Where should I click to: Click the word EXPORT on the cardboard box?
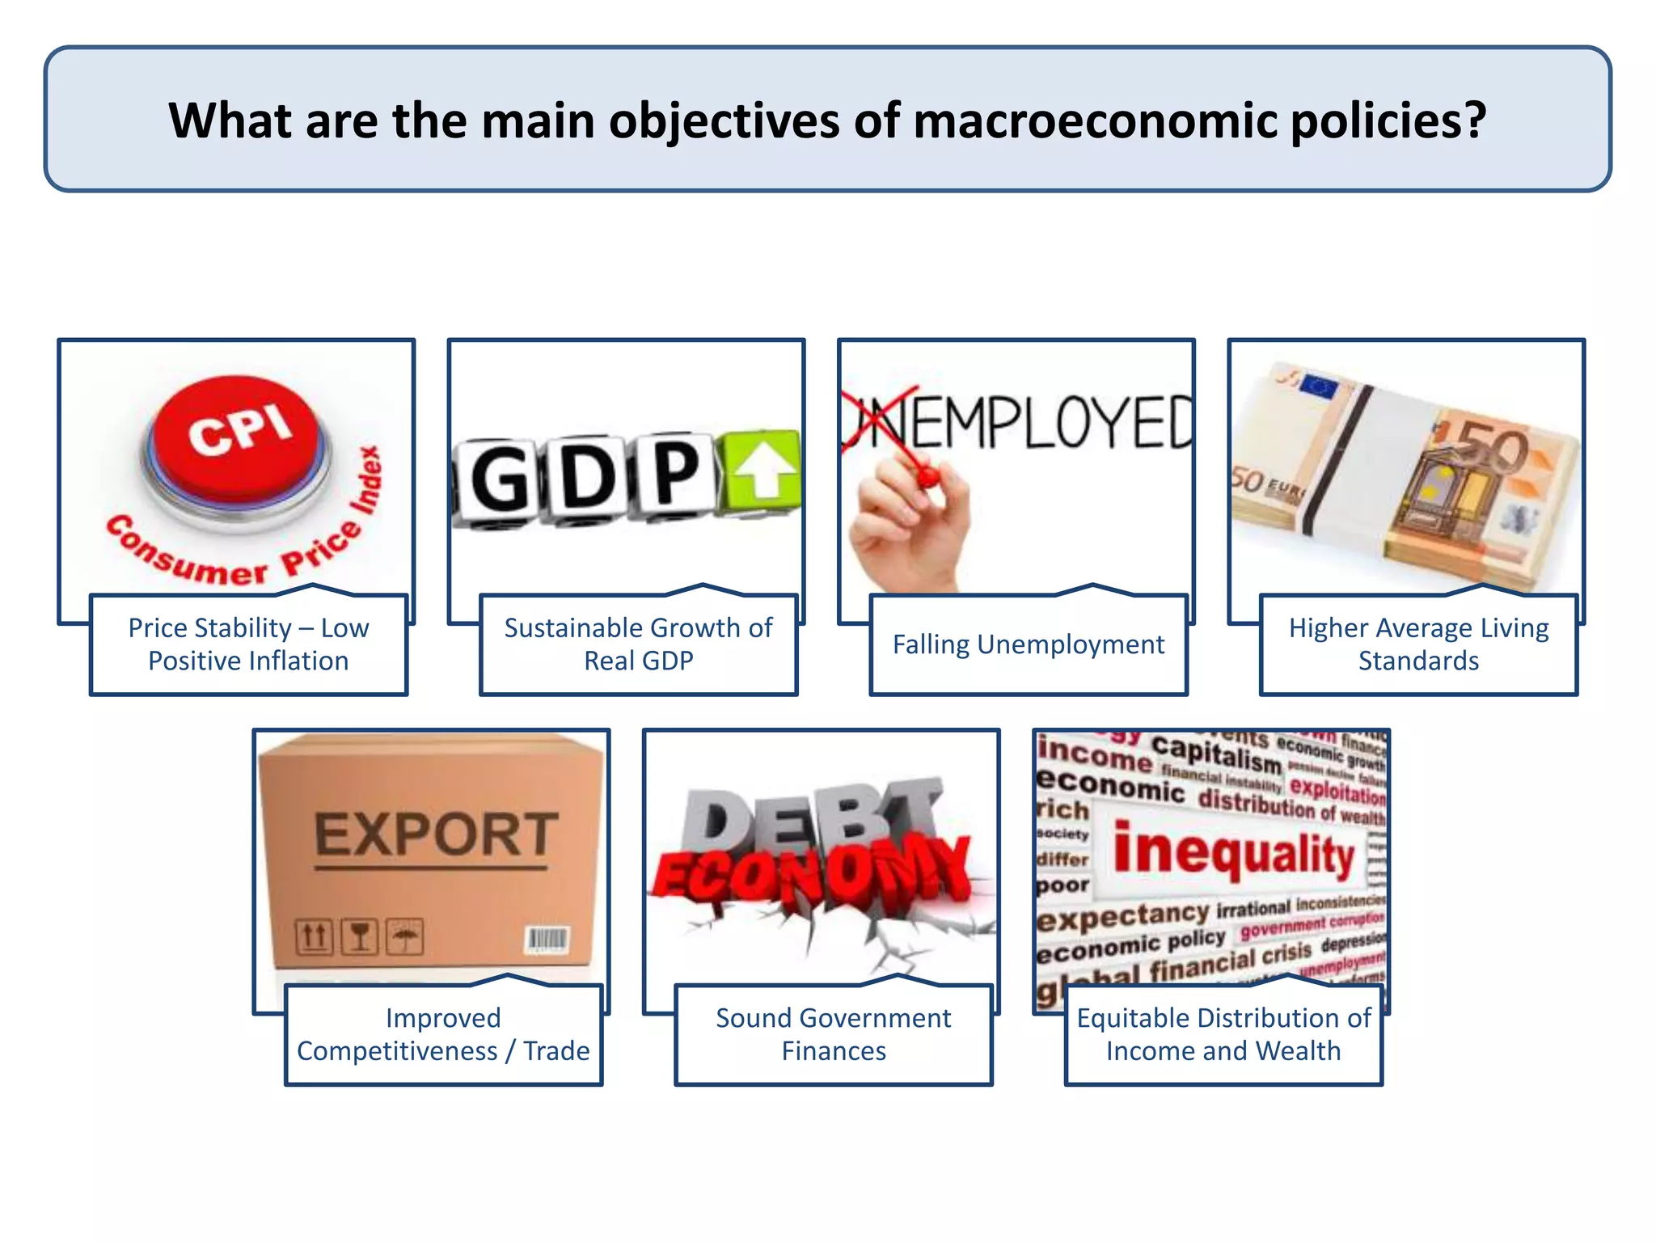pos(435,835)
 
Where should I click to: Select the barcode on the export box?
pos(548,940)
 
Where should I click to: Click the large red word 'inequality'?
pos(1233,853)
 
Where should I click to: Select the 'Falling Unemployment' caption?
pos(1028,644)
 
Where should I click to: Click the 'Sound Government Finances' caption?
pos(833,1034)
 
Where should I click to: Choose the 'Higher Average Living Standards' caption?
pos(1418,644)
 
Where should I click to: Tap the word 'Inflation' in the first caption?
pos(298,661)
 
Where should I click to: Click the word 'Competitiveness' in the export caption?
pos(397,1051)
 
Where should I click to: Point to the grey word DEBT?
pos(809,817)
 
